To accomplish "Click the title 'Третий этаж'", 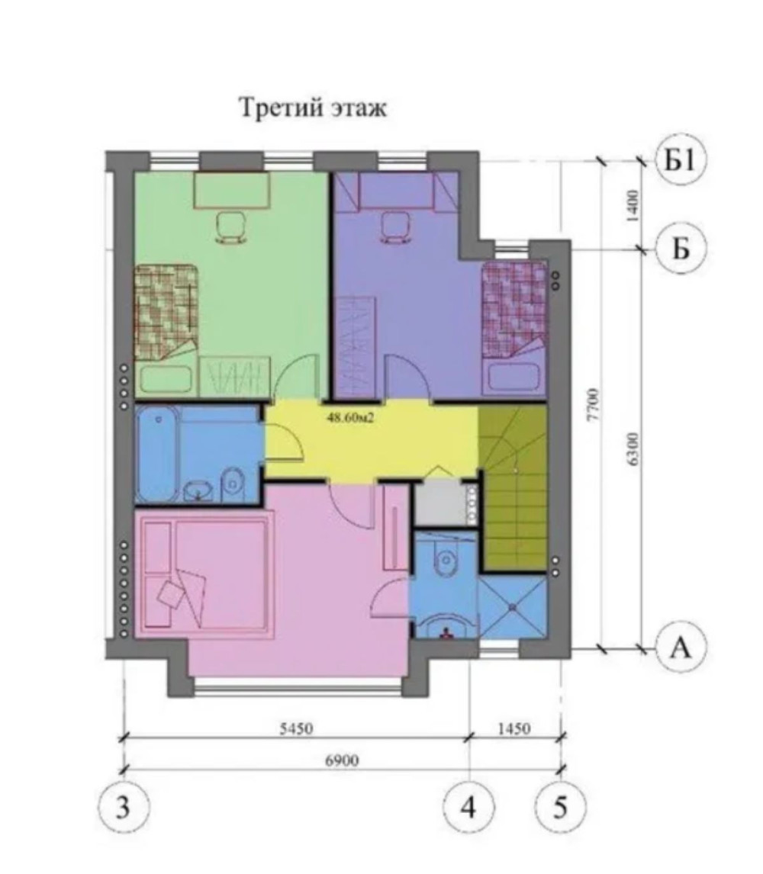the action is [x=313, y=108].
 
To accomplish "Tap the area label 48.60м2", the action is [x=349, y=417].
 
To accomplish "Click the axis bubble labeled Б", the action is [x=681, y=248].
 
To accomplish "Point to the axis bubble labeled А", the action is [x=681, y=648].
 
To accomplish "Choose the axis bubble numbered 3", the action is [x=124, y=807].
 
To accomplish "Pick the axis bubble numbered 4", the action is [x=469, y=807].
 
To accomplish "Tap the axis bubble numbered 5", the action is [x=561, y=807].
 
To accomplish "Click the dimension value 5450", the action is [x=296, y=728].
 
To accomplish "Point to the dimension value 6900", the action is [x=342, y=760].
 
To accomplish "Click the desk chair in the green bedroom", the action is [x=231, y=228].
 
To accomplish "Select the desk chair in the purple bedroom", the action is [x=395, y=228].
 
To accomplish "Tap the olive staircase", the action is [x=513, y=489].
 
